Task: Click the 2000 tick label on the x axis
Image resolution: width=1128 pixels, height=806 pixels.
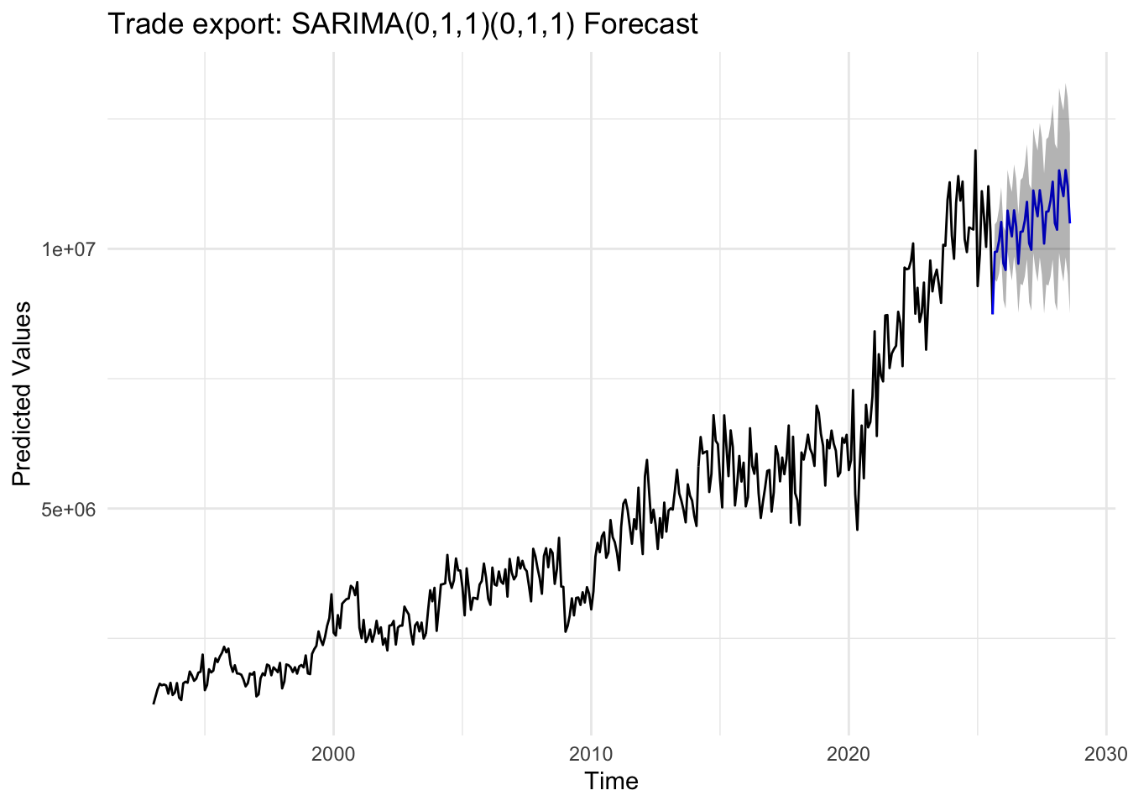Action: [333, 753]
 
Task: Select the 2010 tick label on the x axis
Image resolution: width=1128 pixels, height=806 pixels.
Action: [591, 753]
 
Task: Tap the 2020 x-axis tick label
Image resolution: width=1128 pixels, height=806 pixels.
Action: [849, 753]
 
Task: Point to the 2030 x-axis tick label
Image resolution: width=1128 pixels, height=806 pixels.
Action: [1106, 753]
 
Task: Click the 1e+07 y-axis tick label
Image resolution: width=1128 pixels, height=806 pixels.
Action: [70, 249]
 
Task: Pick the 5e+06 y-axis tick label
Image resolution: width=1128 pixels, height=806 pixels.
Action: [70, 509]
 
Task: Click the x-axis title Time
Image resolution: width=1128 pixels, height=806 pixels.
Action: [611, 782]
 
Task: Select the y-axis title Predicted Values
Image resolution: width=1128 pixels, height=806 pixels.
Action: [22, 394]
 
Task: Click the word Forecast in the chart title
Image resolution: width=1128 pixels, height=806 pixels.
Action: [640, 24]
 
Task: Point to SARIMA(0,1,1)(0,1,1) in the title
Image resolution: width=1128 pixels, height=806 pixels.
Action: [433, 24]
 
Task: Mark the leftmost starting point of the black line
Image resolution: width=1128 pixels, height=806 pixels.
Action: [154, 704]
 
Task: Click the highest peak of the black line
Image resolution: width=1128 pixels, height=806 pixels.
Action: [975, 151]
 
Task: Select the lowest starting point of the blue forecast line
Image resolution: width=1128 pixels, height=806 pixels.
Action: [992, 313]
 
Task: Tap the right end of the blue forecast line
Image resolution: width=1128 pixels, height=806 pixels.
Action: [1070, 222]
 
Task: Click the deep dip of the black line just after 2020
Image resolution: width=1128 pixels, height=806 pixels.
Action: [857, 530]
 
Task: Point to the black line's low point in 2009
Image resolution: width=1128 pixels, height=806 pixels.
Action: [566, 631]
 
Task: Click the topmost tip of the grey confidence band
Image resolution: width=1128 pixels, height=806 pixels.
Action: [1065, 84]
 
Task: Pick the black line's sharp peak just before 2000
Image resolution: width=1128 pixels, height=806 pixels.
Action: [332, 594]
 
